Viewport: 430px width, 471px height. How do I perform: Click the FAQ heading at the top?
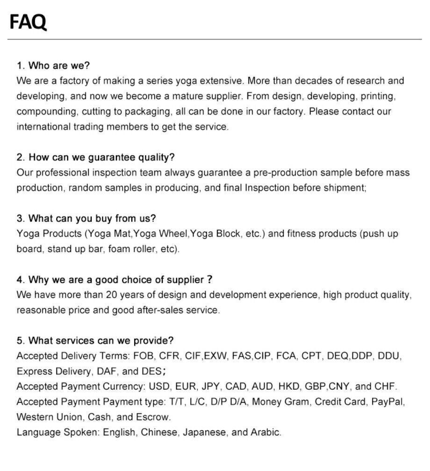click(x=28, y=21)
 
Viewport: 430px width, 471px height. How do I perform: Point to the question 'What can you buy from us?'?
click(x=92, y=219)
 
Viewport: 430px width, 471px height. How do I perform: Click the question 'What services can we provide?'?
click(x=101, y=341)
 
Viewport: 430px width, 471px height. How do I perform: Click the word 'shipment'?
click(x=345, y=188)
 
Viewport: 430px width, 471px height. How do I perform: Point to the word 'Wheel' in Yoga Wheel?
click(x=173, y=234)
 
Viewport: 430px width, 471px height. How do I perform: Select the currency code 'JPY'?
click(x=211, y=387)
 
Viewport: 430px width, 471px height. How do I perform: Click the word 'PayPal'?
click(x=387, y=402)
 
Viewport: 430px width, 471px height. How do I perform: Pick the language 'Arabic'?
click(x=265, y=433)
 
